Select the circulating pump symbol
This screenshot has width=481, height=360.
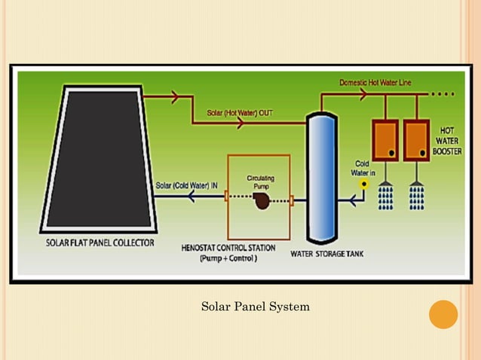tap(262, 201)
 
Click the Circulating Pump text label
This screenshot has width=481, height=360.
tap(260, 182)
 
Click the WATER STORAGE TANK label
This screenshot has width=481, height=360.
tap(327, 254)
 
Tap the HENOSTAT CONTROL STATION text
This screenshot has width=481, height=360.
tap(228, 248)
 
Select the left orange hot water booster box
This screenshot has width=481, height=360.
tap(384, 140)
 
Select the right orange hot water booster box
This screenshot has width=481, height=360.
tap(416, 140)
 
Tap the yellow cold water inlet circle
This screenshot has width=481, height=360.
tap(363, 183)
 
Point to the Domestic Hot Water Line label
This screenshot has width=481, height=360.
tap(375, 82)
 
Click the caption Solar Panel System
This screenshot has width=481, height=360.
tap(256, 307)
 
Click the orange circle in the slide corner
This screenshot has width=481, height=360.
tap(443, 314)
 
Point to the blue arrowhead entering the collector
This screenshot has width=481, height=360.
tap(193, 197)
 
